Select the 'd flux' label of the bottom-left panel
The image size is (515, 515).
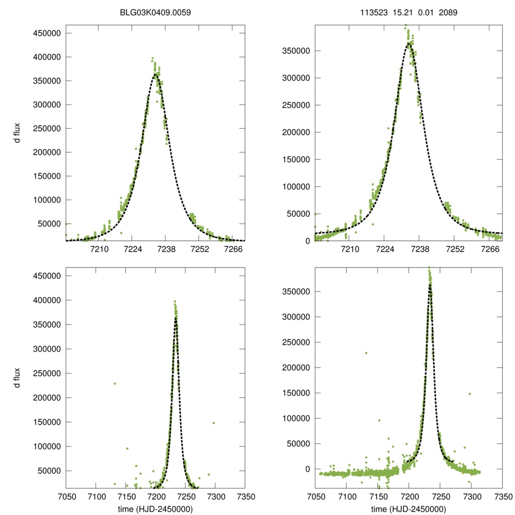click(x=17, y=378)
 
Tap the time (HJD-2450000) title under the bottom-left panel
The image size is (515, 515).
click(x=155, y=509)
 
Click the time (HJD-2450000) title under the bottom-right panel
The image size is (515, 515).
click(x=408, y=509)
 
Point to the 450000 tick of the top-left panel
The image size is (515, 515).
click(x=47, y=34)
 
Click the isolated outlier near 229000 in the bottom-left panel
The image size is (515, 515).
click(x=115, y=384)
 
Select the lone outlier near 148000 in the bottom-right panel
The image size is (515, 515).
click(x=470, y=394)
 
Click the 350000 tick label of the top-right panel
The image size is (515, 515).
click(x=296, y=51)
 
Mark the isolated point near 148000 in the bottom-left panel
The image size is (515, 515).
click(x=213, y=423)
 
